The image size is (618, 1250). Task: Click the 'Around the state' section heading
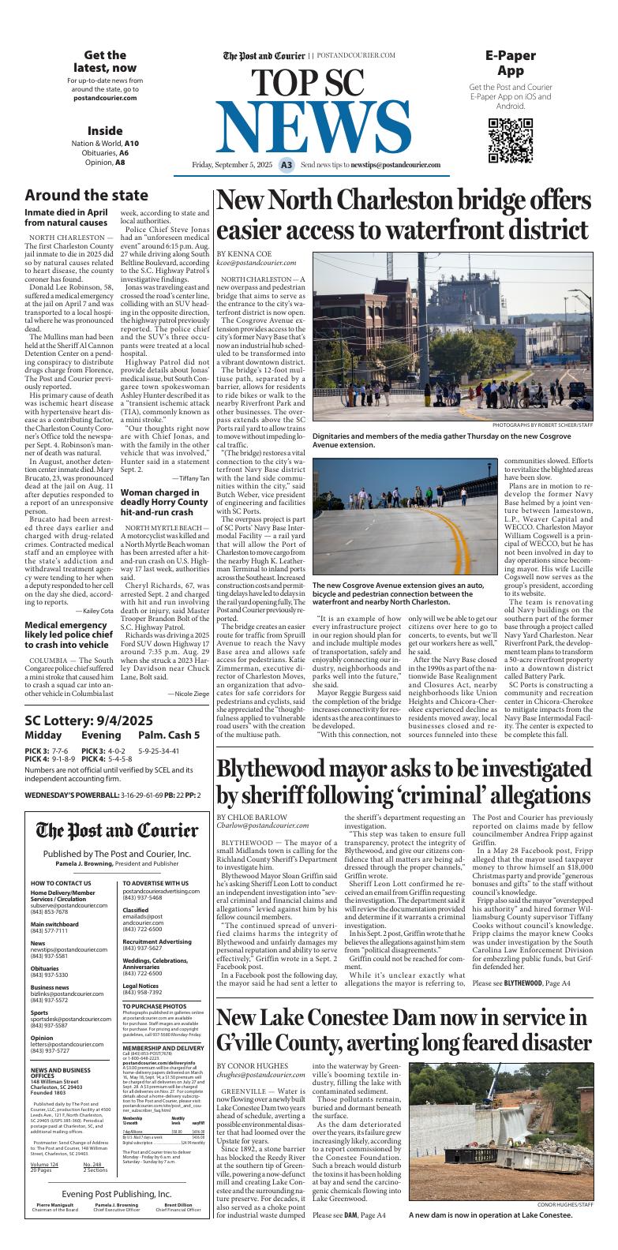(x=86, y=195)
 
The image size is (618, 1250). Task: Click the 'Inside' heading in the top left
(x=105, y=130)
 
